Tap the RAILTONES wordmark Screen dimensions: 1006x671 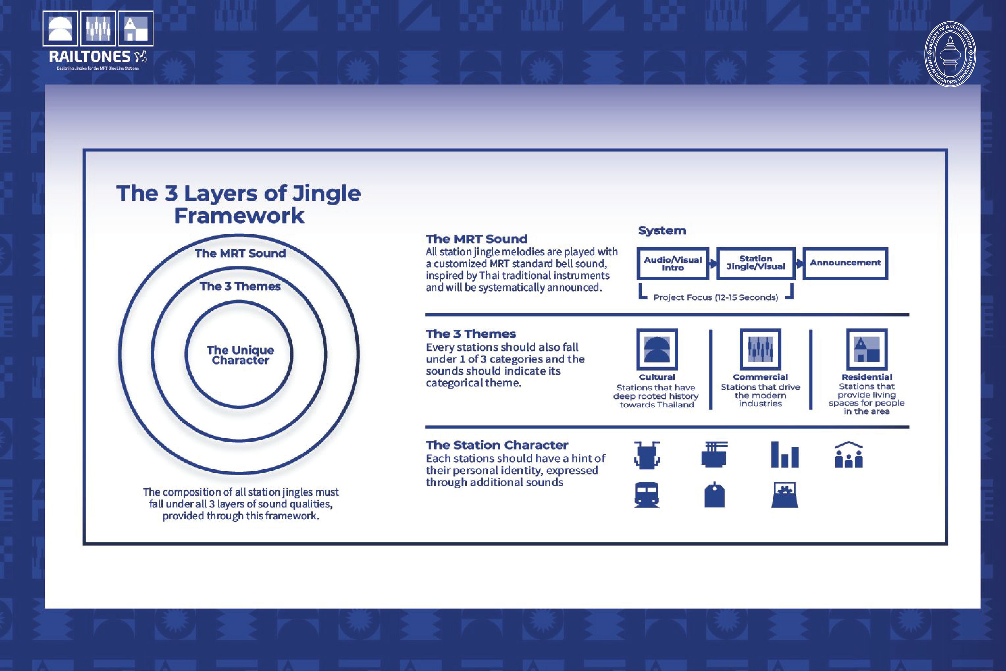(x=89, y=57)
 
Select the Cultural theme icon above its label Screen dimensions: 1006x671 (x=657, y=349)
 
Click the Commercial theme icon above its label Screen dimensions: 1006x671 (x=761, y=349)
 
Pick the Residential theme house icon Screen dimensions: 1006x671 (x=867, y=349)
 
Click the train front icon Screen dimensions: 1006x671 (x=646, y=495)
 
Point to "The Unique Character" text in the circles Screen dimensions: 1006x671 (x=240, y=355)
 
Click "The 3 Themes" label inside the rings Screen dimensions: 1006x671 (x=240, y=286)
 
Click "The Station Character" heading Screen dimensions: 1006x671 (x=496, y=445)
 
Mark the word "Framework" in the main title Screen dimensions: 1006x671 (x=239, y=216)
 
